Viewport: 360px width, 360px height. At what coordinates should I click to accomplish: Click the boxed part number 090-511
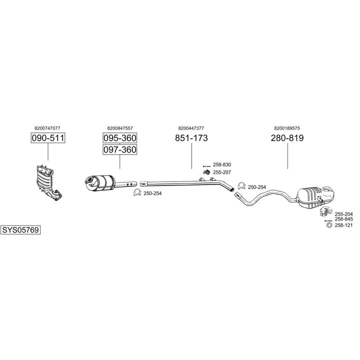pyautogui.click(x=48, y=138)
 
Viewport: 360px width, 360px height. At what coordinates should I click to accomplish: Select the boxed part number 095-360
pyautogui.click(x=120, y=138)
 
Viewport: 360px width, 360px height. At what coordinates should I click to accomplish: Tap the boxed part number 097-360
pyautogui.click(x=120, y=149)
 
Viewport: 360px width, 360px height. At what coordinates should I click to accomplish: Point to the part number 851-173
pyautogui.click(x=191, y=138)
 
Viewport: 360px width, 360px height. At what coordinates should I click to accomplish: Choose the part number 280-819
pyautogui.click(x=287, y=138)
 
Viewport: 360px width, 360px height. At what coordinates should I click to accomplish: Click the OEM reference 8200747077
pyautogui.click(x=48, y=128)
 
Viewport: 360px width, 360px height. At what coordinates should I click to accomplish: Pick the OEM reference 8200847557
pyautogui.click(x=120, y=128)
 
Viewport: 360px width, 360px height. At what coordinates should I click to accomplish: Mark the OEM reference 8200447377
pyautogui.click(x=191, y=128)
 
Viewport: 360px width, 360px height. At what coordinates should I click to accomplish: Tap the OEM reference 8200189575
pyautogui.click(x=287, y=128)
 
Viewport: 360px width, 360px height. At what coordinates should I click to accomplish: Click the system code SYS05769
pyautogui.click(x=21, y=230)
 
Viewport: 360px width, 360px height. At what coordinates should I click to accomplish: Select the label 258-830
pyautogui.click(x=222, y=165)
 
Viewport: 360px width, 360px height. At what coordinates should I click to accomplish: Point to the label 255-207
pyautogui.click(x=222, y=172)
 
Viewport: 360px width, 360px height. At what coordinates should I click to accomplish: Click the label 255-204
pyautogui.click(x=343, y=213)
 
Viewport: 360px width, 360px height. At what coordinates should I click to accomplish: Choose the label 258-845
pyautogui.click(x=343, y=219)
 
